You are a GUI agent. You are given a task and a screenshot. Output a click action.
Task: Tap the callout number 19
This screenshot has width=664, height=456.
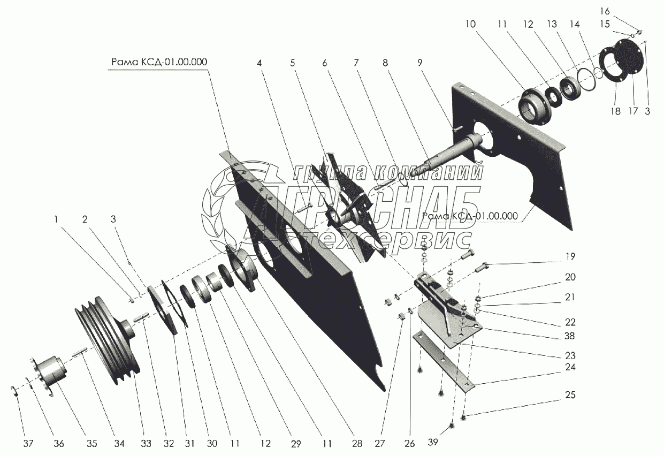571,257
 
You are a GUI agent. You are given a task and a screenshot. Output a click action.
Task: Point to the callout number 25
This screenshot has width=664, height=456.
570,396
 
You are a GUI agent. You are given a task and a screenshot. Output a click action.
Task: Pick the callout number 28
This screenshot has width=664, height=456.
357,443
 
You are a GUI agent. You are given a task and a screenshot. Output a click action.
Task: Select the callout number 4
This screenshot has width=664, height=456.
260,63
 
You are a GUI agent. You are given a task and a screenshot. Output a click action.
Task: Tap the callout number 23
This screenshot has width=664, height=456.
570,355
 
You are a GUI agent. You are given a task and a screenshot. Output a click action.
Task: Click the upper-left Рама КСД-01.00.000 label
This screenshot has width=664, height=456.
159,62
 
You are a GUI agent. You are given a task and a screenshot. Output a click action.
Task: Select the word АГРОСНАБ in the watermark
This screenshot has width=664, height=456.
364,206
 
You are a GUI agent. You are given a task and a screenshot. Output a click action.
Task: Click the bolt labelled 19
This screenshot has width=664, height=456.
484,266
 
